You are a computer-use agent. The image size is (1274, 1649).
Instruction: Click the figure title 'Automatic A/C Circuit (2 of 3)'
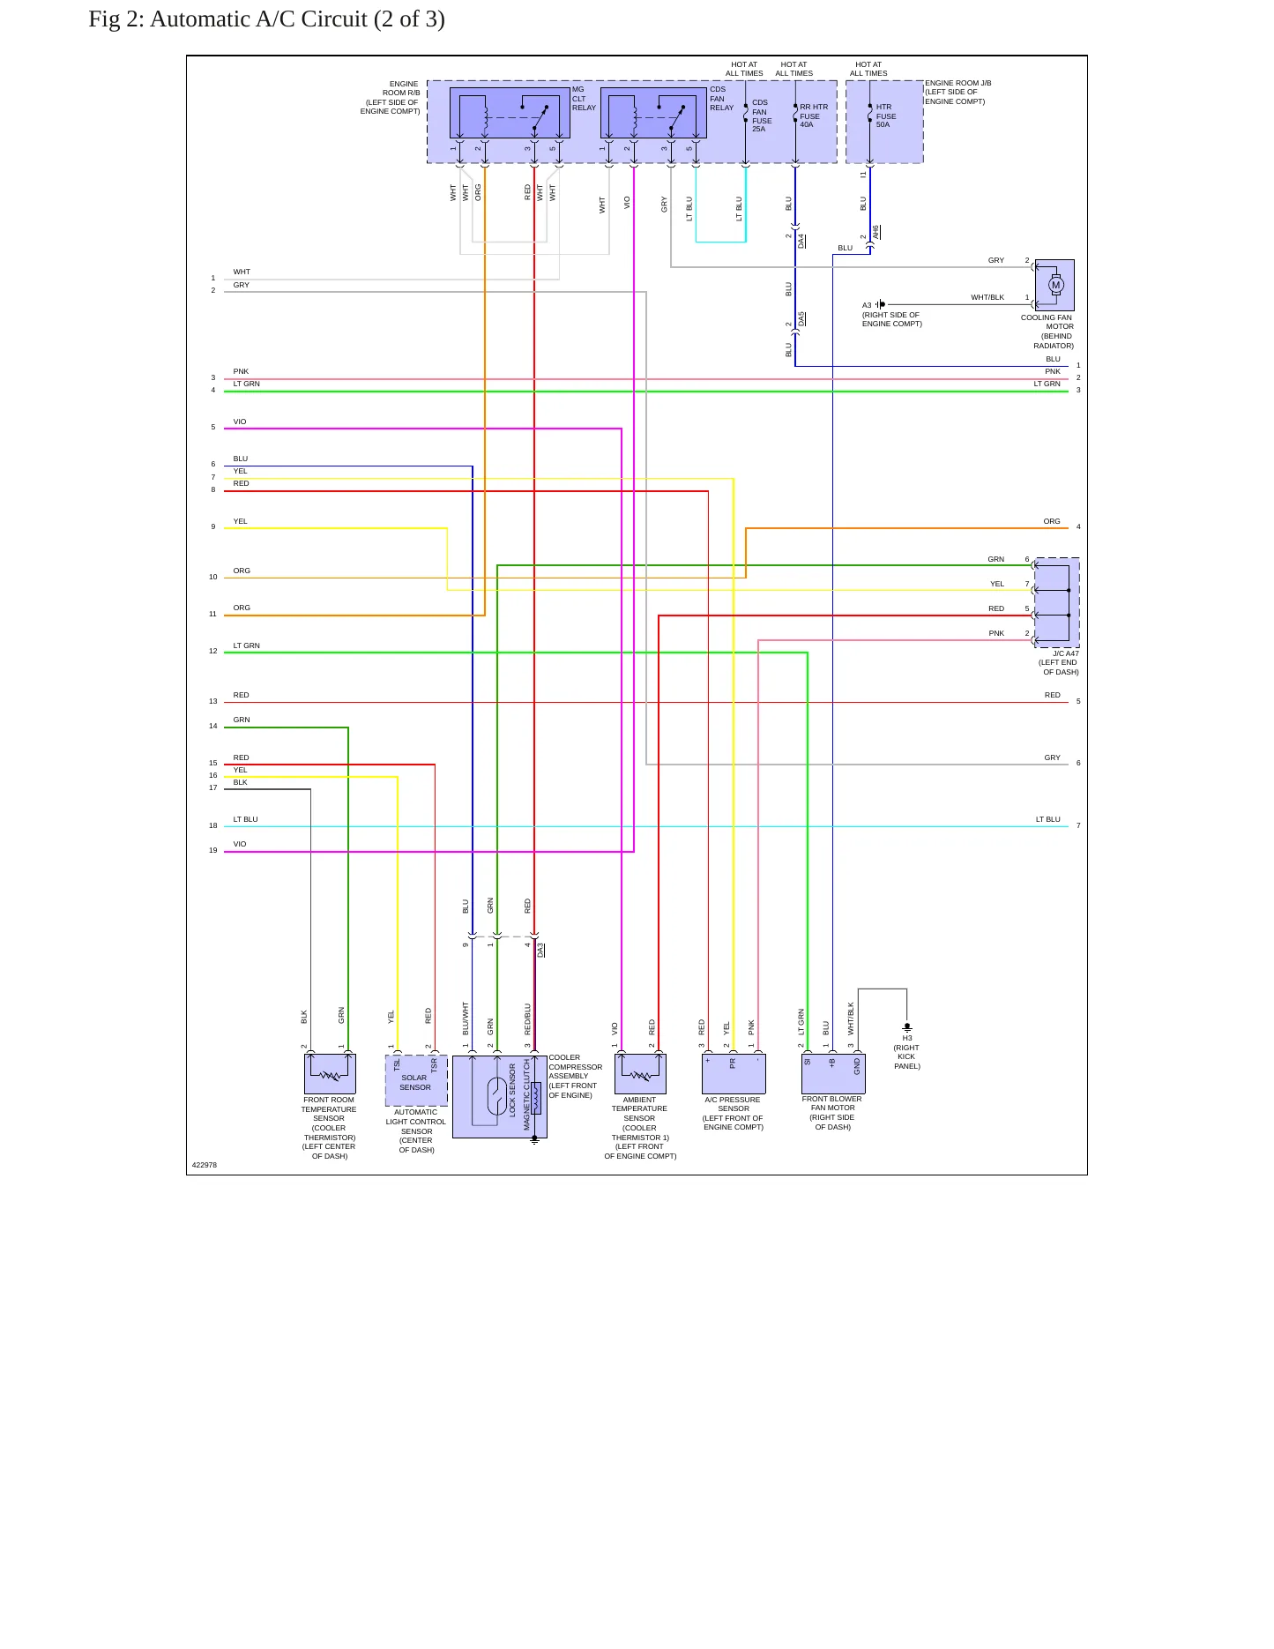(x=297, y=19)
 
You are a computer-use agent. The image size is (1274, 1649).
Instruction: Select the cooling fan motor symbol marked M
(x=1055, y=285)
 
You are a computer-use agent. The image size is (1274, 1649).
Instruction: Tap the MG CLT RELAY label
(x=584, y=99)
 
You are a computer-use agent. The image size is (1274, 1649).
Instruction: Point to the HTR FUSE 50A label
(x=885, y=116)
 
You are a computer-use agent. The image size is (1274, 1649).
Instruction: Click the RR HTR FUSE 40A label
(x=814, y=116)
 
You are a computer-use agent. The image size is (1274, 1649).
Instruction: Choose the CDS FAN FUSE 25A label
(x=762, y=116)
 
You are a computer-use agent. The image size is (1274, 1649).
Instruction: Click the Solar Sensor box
(x=416, y=1080)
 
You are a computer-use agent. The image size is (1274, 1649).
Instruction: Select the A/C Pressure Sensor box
(x=734, y=1074)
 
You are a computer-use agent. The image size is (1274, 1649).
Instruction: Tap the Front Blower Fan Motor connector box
(x=833, y=1073)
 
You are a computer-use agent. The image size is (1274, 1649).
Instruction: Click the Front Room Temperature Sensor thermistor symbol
(x=330, y=1074)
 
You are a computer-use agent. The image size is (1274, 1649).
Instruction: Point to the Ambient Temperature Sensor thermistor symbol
(x=640, y=1074)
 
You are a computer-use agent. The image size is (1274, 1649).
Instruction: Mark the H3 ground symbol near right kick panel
(x=907, y=1027)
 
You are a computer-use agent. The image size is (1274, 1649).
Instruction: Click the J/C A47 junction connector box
(x=1056, y=602)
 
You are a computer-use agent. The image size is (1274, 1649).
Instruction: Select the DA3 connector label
(x=540, y=950)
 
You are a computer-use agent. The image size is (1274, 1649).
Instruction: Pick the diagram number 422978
(x=205, y=1165)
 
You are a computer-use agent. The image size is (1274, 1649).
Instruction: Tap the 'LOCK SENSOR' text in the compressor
(x=512, y=1090)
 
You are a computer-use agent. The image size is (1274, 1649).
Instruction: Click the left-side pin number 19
(x=212, y=850)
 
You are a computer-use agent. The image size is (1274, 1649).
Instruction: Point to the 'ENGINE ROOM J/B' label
(x=958, y=83)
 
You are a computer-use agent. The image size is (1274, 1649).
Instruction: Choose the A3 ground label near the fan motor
(x=867, y=305)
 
